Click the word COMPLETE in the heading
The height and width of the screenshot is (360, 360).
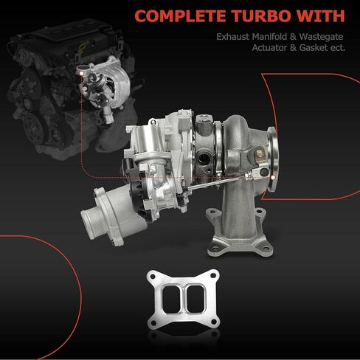(x=180, y=16)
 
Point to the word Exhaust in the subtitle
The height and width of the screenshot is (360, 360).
(x=233, y=37)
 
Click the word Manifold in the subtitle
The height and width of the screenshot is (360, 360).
(x=269, y=37)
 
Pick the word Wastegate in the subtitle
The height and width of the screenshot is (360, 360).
(x=321, y=37)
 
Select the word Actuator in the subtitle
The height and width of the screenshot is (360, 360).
(x=269, y=48)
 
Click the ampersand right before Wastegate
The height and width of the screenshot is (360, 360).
(x=293, y=37)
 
